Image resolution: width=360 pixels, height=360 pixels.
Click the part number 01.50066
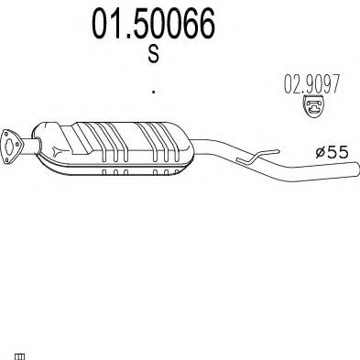(154, 24)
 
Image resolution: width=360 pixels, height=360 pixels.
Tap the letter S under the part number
(154, 53)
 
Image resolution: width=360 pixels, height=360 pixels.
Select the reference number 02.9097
(311, 83)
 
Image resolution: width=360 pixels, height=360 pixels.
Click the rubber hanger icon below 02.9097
(313, 106)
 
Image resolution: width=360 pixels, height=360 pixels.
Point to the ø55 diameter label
(332, 152)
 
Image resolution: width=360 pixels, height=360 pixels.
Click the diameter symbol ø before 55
(321, 152)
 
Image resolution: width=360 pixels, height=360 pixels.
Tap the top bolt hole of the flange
(5, 133)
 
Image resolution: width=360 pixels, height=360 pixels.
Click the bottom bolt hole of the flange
(6, 160)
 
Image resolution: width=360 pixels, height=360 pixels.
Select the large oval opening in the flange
(10, 147)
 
